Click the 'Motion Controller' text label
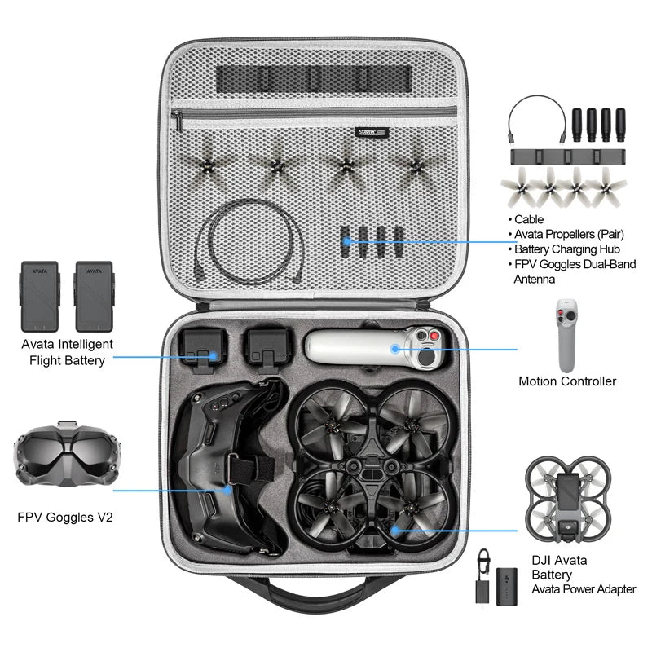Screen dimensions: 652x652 [x=567, y=381]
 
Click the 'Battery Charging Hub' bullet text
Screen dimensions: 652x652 [x=569, y=249]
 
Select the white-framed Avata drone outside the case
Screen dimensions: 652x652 [x=567, y=500]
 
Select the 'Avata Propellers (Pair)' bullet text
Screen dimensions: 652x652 [x=569, y=234]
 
